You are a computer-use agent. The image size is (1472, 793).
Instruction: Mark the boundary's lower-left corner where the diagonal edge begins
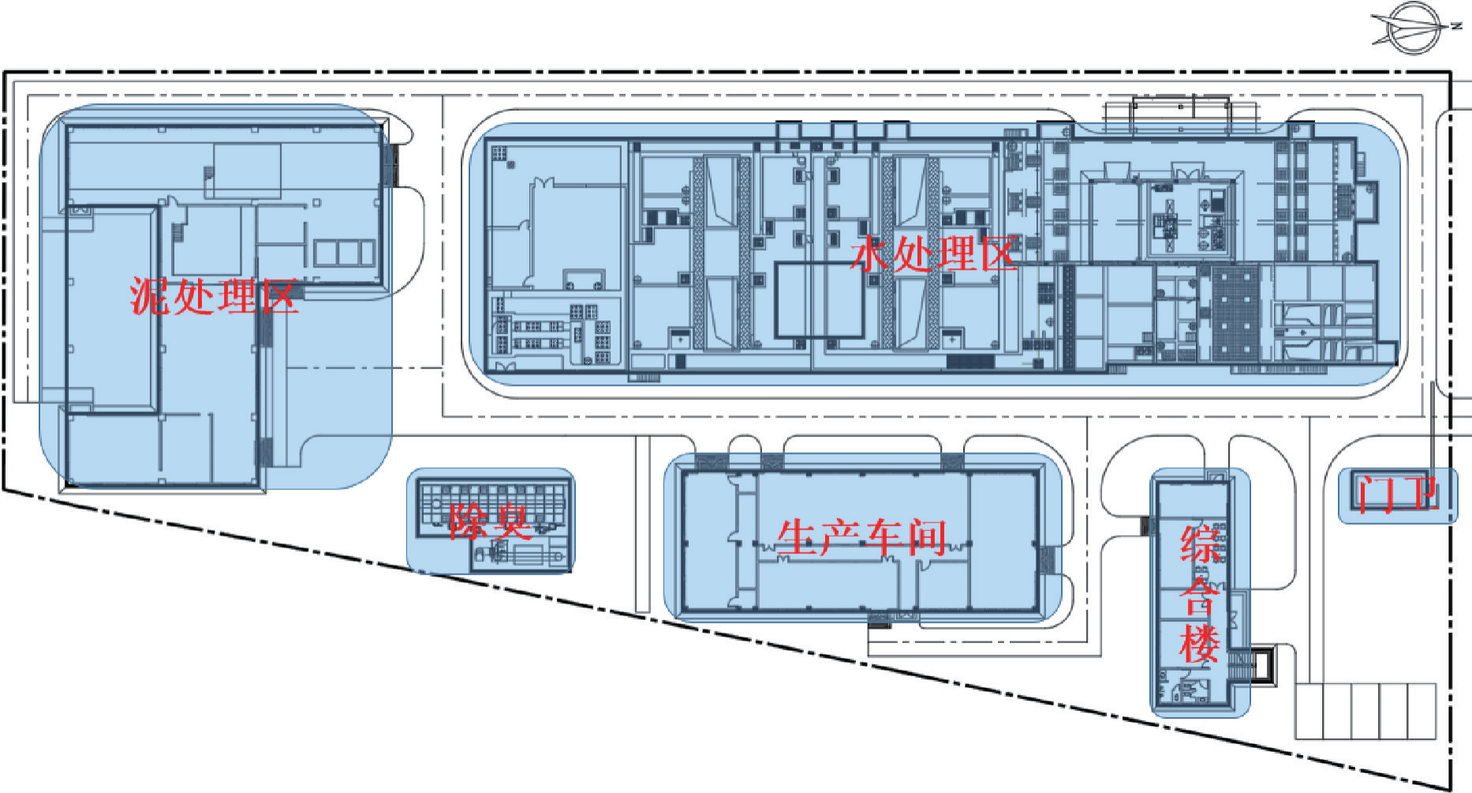coord(5,490)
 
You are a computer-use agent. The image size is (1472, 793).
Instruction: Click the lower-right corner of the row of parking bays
coord(1435,739)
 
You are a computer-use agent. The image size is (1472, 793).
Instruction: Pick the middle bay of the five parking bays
coord(1366,711)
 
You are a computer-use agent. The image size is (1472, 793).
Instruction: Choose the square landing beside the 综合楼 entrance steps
coord(1261,662)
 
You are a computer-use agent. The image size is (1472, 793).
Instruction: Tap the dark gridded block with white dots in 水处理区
coord(1235,313)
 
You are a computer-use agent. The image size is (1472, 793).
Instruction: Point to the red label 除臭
coord(490,522)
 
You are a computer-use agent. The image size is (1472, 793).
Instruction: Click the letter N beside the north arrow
coord(1456,26)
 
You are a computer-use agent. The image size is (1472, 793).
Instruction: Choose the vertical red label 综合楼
coord(1200,593)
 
